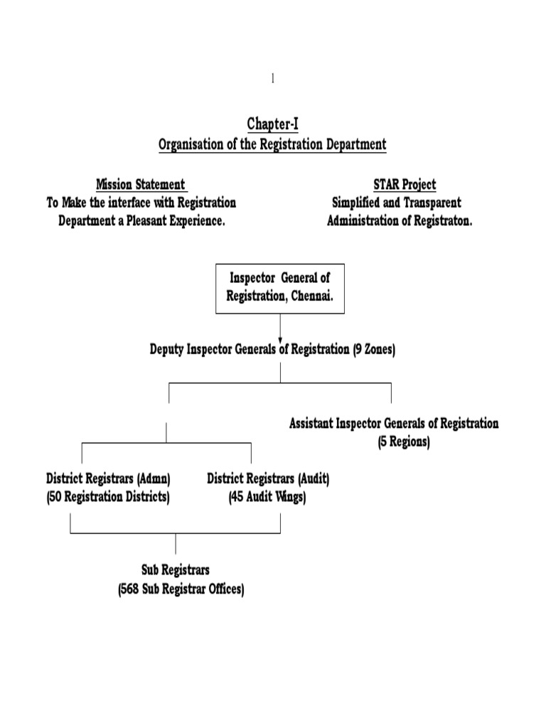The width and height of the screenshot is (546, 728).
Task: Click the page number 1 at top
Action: [272, 79]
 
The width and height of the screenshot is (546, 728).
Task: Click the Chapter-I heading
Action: [272, 124]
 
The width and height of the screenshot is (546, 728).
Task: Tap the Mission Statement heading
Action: [141, 185]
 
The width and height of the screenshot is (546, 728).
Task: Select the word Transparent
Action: [429, 203]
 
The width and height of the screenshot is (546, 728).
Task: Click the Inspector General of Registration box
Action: [280, 288]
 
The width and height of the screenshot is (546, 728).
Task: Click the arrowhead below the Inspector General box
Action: [280, 338]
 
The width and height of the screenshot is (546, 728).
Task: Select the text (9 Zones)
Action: [374, 350]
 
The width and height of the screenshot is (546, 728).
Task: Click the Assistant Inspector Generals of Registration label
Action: [394, 424]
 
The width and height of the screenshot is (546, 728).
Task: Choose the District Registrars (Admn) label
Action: [108, 479]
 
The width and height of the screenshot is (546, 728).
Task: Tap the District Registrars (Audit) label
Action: [268, 479]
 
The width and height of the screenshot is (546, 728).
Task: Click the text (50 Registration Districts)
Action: [108, 497]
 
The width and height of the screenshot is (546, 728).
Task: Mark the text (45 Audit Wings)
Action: [267, 497]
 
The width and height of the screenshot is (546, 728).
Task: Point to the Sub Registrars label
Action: [176, 570]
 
